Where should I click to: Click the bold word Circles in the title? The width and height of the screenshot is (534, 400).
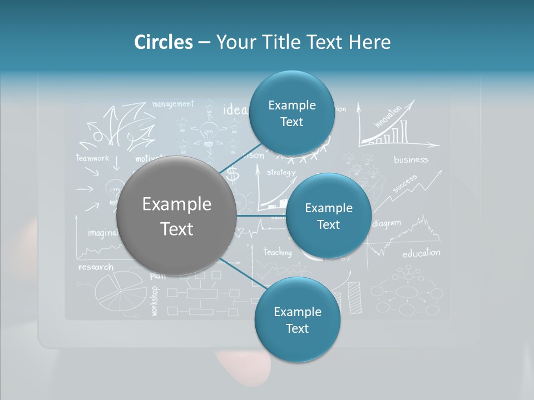tap(163, 42)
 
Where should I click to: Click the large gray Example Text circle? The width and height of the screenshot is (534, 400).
tap(177, 216)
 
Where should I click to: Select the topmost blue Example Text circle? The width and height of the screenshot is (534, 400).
tap(291, 113)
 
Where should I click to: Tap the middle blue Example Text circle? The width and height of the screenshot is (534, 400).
tap(328, 216)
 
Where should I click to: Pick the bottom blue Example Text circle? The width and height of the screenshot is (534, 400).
tap(297, 319)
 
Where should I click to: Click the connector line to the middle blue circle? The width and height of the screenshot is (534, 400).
tap(261, 216)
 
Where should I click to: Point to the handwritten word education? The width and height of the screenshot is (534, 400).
tap(421, 253)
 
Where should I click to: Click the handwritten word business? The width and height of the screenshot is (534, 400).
tap(411, 160)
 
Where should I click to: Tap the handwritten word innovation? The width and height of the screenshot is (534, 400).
tap(388, 117)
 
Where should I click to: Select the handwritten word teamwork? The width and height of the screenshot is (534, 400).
tap(93, 158)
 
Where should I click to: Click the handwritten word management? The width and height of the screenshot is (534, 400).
tap(172, 104)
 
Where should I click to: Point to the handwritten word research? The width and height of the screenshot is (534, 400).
tap(96, 267)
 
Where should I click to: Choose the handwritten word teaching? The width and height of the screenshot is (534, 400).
tap(277, 252)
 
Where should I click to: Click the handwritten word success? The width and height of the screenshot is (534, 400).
tap(404, 184)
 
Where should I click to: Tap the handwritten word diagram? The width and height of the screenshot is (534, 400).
tap(387, 224)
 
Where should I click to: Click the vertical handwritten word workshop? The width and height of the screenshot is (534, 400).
tap(154, 301)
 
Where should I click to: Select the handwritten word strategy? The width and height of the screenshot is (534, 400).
tap(281, 172)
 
